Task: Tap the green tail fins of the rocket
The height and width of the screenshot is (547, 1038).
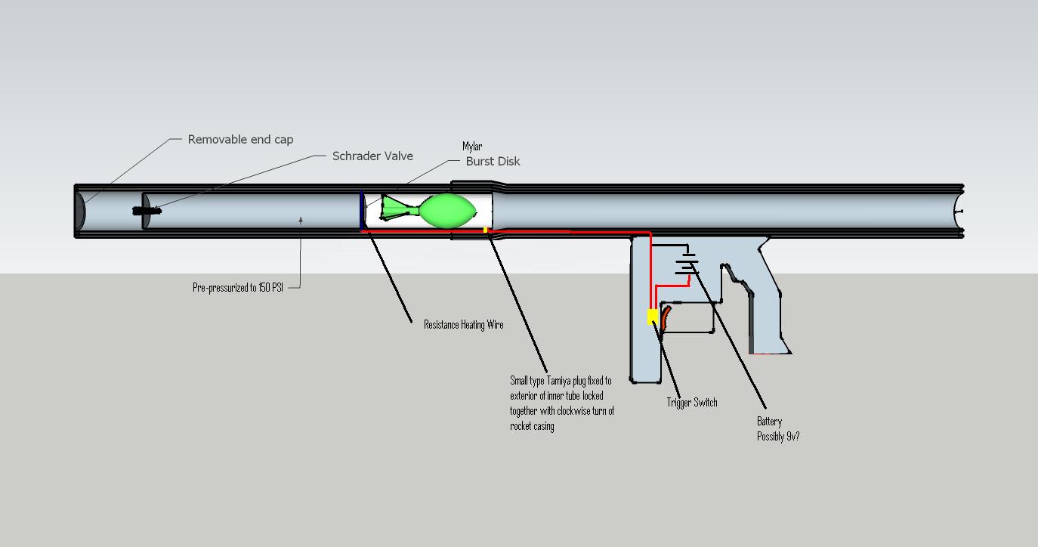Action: [393, 209]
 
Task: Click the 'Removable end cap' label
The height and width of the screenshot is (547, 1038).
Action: [240, 140]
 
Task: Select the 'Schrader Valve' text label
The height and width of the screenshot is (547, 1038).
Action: [372, 156]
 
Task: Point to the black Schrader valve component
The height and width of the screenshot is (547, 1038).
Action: [147, 211]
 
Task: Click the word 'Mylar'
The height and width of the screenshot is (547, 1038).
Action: [472, 147]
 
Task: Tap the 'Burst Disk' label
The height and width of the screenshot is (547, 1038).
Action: [493, 162]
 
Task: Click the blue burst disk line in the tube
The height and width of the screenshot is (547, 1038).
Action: [361, 209]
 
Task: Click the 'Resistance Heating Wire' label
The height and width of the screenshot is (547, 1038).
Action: [463, 325]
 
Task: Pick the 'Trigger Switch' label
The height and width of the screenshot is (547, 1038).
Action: [692, 403]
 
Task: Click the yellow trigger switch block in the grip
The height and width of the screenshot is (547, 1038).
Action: [652, 317]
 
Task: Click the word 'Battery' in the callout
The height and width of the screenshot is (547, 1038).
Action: [770, 422]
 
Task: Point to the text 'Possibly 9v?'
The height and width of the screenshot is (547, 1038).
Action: [778, 437]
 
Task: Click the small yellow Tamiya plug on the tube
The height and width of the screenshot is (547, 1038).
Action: [485, 230]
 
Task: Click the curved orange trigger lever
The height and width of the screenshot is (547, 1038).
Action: [666, 317]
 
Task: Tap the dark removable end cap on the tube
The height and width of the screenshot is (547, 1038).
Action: [80, 211]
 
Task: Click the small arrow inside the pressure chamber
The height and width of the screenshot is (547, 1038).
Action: [301, 221]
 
